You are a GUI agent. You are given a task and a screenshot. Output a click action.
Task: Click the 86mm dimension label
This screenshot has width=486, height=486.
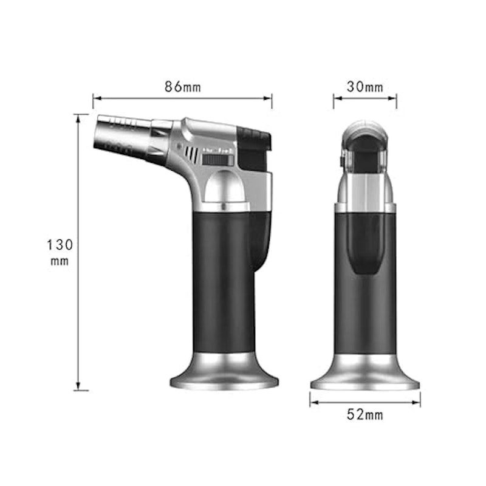[x=183, y=87]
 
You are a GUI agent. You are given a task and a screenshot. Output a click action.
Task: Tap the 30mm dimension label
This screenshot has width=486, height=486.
[x=365, y=87]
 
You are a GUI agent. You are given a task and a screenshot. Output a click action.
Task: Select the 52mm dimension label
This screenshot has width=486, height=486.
[x=365, y=414]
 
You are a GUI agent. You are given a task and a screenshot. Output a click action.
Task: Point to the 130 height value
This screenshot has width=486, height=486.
[x=60, y=245]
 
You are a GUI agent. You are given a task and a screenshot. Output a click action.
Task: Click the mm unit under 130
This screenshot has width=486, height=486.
[x=60, y=261]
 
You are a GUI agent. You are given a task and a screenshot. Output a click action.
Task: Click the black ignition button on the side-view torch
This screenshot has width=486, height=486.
[x=253, y=149]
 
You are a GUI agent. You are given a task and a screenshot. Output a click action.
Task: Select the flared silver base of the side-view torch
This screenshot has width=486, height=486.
[x=224, y=371]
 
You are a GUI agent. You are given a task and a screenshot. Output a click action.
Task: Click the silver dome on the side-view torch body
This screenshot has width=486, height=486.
[x=224, y=188]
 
